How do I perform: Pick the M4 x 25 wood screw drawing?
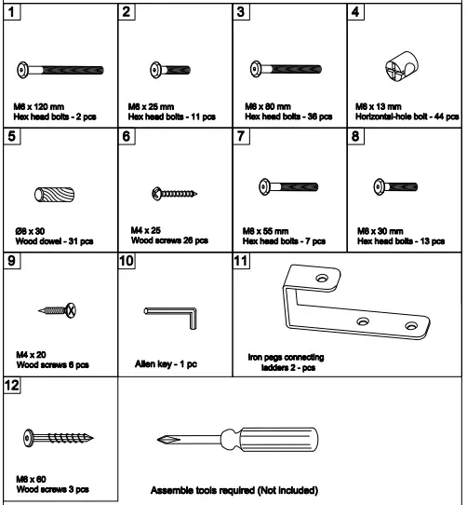173,194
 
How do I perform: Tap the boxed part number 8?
355,136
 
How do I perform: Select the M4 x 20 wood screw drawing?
60,308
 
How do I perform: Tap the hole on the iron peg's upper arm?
322,279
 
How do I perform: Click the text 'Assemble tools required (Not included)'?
233,489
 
